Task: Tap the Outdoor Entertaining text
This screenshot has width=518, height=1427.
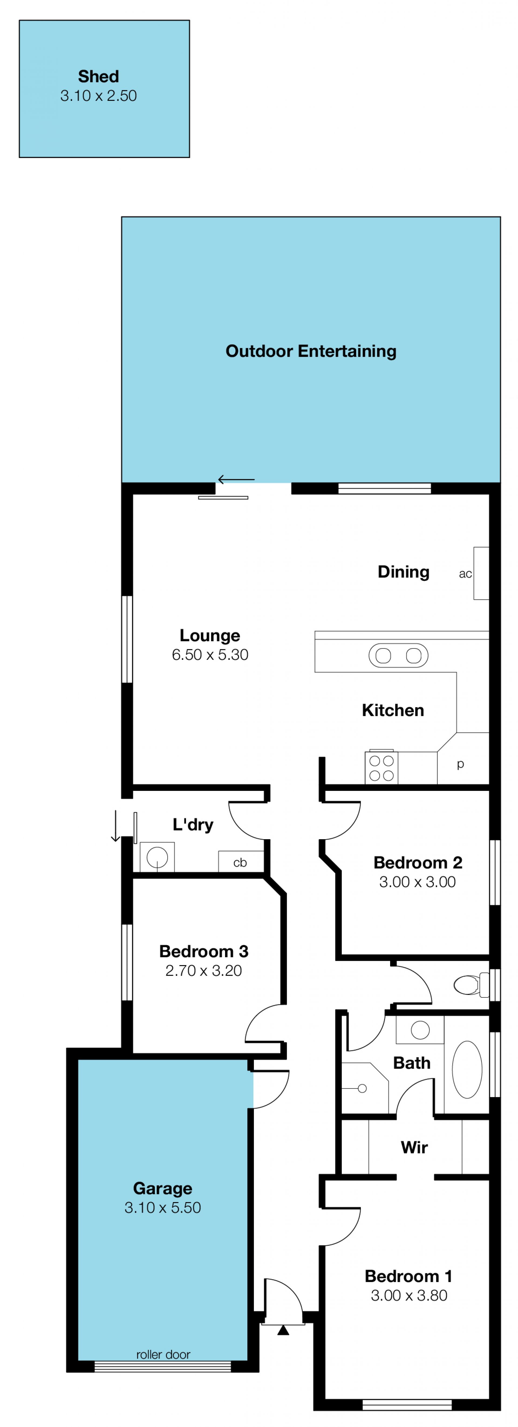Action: click(311, 351)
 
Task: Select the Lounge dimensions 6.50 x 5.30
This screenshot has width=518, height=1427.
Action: click(210, 655)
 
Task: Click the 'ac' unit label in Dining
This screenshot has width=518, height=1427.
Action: click(465, 574)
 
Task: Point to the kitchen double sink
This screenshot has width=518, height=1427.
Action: click(398, 656)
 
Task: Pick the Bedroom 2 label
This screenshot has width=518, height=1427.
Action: click(418, 863)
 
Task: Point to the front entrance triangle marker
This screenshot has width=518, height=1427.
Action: click(283, 1330)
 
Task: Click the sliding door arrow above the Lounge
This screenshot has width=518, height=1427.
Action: click(236, 479)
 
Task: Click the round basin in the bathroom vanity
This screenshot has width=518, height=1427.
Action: click(420, 1030)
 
